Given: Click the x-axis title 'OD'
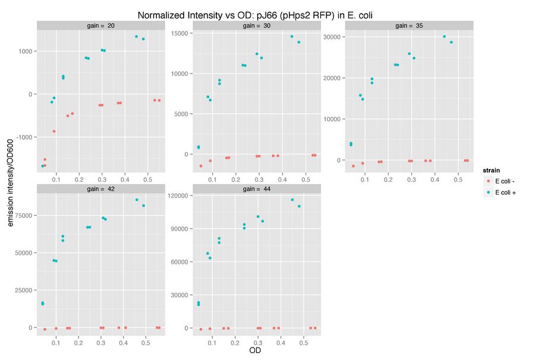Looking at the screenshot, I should [255, 350].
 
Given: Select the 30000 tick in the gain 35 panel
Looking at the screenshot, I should [335, 37].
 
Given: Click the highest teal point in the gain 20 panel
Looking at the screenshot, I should [136, 36].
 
